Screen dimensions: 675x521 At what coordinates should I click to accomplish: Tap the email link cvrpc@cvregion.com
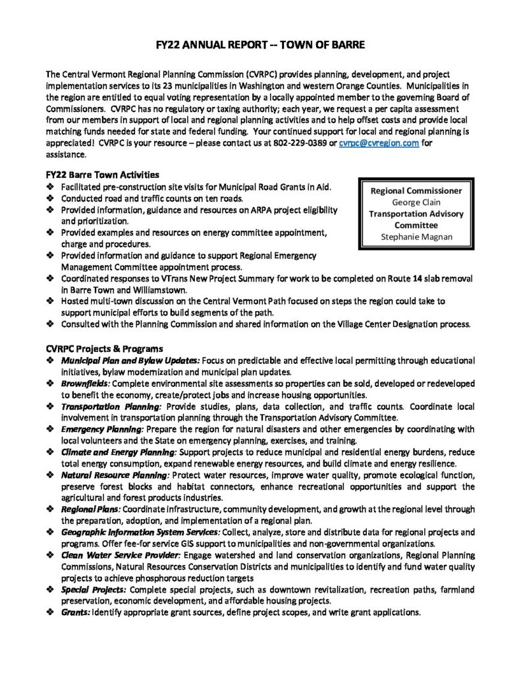(379, 144)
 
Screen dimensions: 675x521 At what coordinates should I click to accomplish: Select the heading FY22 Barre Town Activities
(102, 175)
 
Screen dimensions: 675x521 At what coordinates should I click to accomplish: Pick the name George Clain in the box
(416, 202)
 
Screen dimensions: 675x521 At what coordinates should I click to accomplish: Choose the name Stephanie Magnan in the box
(416, 237)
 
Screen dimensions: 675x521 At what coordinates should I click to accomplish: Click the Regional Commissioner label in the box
(416, 191)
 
